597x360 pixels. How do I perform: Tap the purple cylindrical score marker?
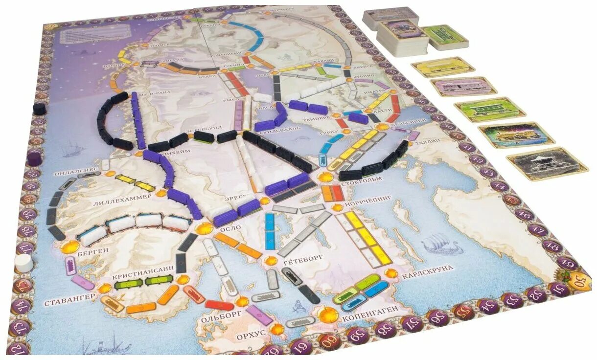pyautogui.click(x=33, y=158)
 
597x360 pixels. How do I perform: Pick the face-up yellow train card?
pyautogui.click(x=442, y=67)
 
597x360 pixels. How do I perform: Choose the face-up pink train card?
pyautogui.click(x=463, y=87)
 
